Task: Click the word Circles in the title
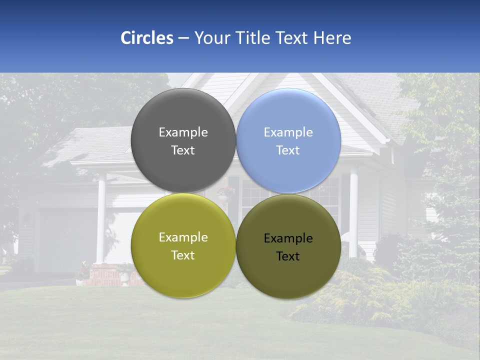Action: click(147, 38)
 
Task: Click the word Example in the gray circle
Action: click(183, 132)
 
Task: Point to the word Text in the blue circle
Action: click(288, 150)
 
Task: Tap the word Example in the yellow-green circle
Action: click(183, 237)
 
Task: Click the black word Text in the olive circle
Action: click(288, 256)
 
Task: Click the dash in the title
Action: click(183, 38)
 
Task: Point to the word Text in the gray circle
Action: click(183, 150)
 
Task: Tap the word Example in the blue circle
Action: click(288, 132)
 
